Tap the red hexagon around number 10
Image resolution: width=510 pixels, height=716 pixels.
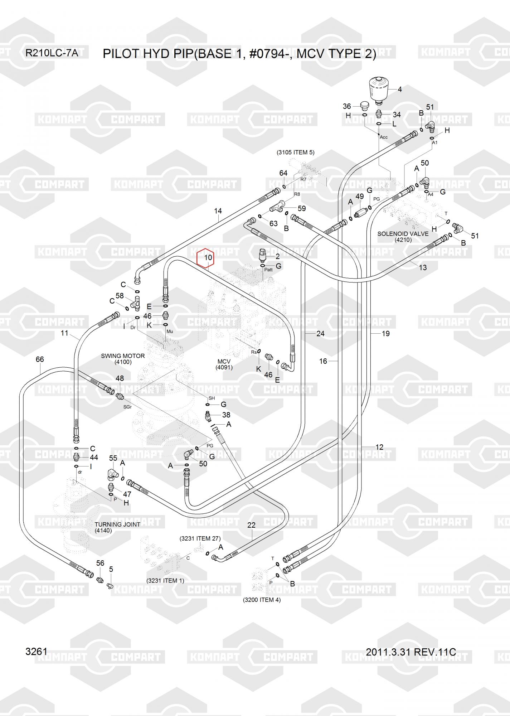click(206, 257)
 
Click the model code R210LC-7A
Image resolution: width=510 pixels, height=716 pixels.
click(52, 53)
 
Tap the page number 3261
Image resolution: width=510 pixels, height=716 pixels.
click(36, 652)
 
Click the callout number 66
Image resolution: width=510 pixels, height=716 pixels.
click(40, 359)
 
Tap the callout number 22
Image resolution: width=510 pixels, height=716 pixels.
click(251, 525)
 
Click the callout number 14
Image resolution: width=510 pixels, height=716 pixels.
click(218, 211)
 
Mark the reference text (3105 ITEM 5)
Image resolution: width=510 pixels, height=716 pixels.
click(295, 152)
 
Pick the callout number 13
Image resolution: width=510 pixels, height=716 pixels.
click(423, 267)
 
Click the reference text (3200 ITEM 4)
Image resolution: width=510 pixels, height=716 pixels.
click(262, 600)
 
